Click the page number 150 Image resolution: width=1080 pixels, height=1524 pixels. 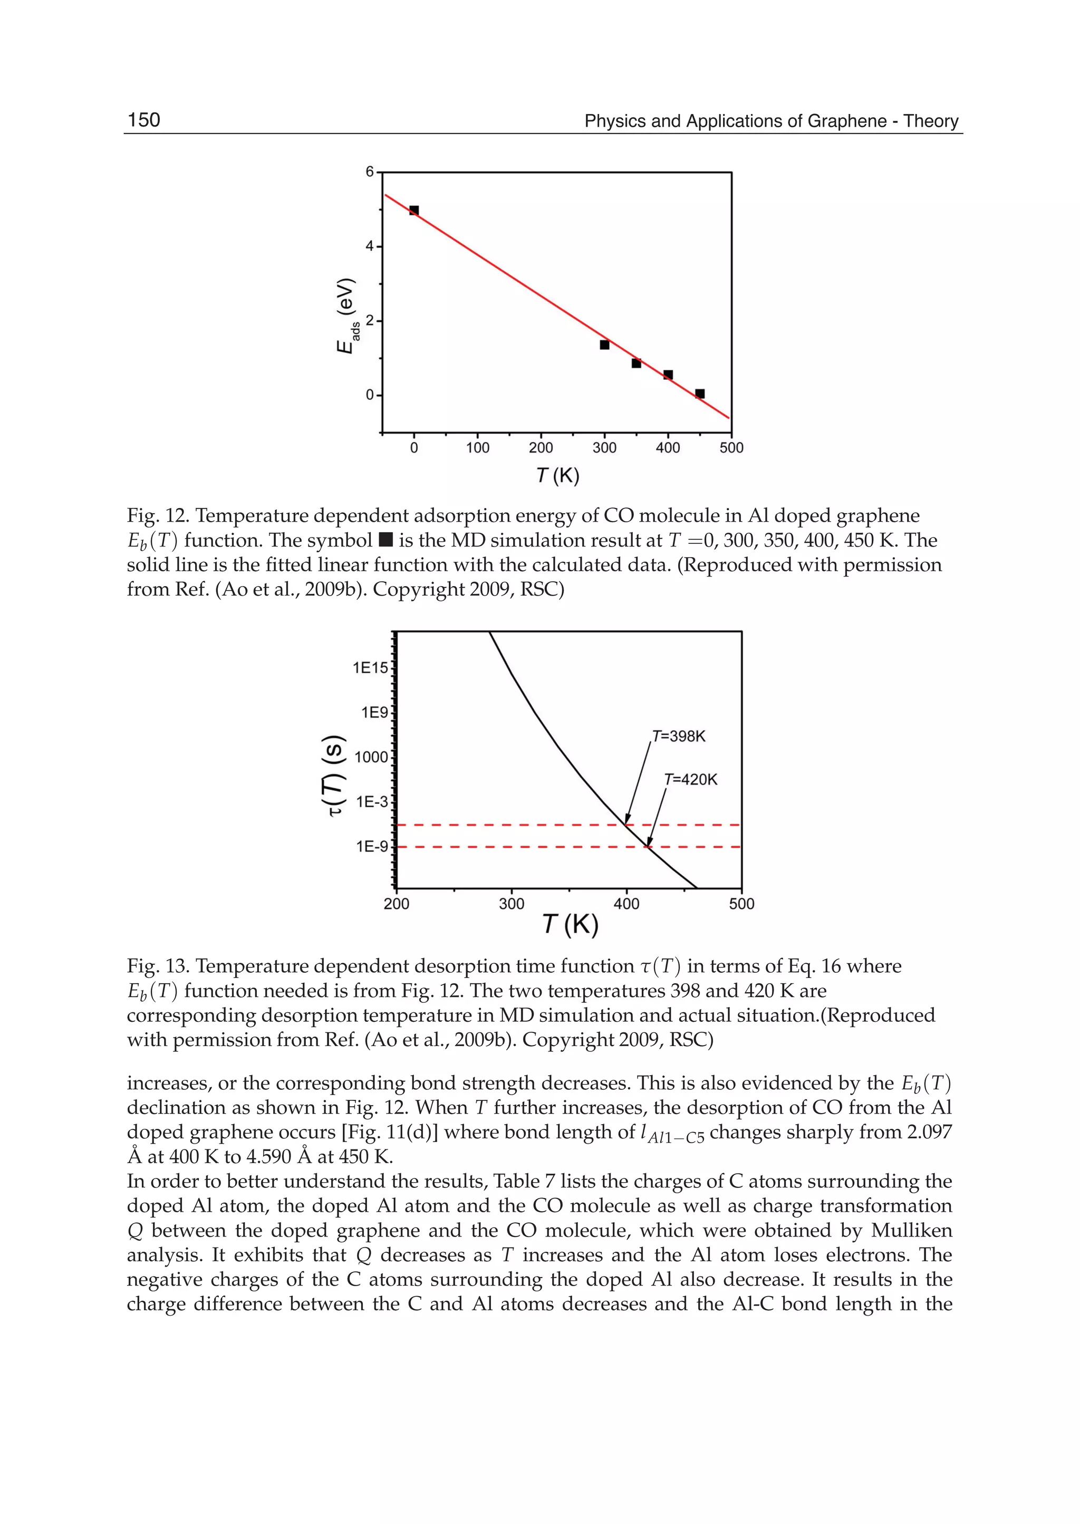point(143,120)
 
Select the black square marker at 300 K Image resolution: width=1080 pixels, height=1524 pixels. point(604,344)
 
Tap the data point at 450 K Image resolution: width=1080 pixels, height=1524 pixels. point(700,394)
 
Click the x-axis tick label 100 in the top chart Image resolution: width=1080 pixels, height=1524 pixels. point(477,448)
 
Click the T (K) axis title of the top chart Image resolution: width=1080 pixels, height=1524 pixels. point(557,476)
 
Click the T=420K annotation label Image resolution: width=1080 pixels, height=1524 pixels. point(690,780)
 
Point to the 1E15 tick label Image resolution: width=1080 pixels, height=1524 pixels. point(370,668)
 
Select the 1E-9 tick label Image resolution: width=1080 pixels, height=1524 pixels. point(372,847)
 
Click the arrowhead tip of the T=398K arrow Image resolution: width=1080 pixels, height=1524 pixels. point(626,824)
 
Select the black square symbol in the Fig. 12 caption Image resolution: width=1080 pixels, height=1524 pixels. point(385,540)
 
